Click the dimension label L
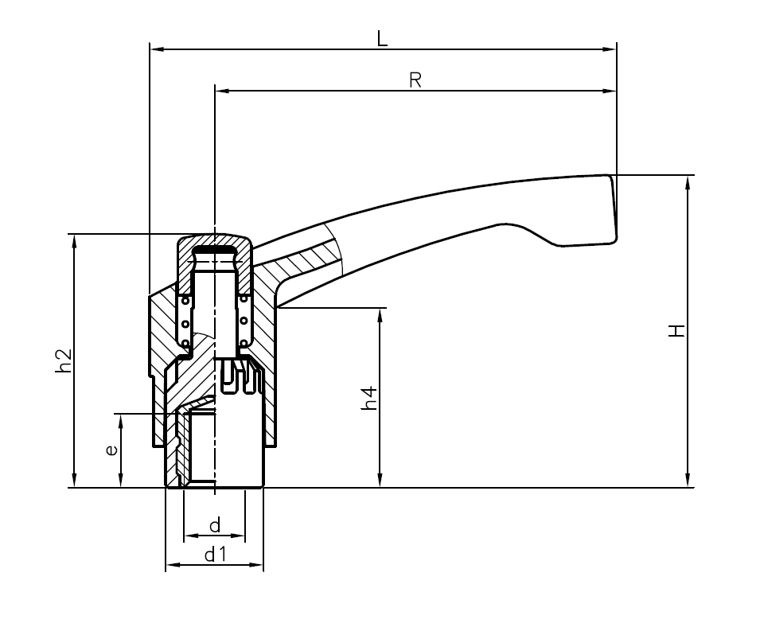(382, 38)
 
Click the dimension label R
(415, 80)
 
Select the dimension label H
(676, 330)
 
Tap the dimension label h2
(64, 360)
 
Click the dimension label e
(111, 450)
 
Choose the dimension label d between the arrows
(214, 526)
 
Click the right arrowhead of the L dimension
(610, 49)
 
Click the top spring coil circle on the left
(185, 300)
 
